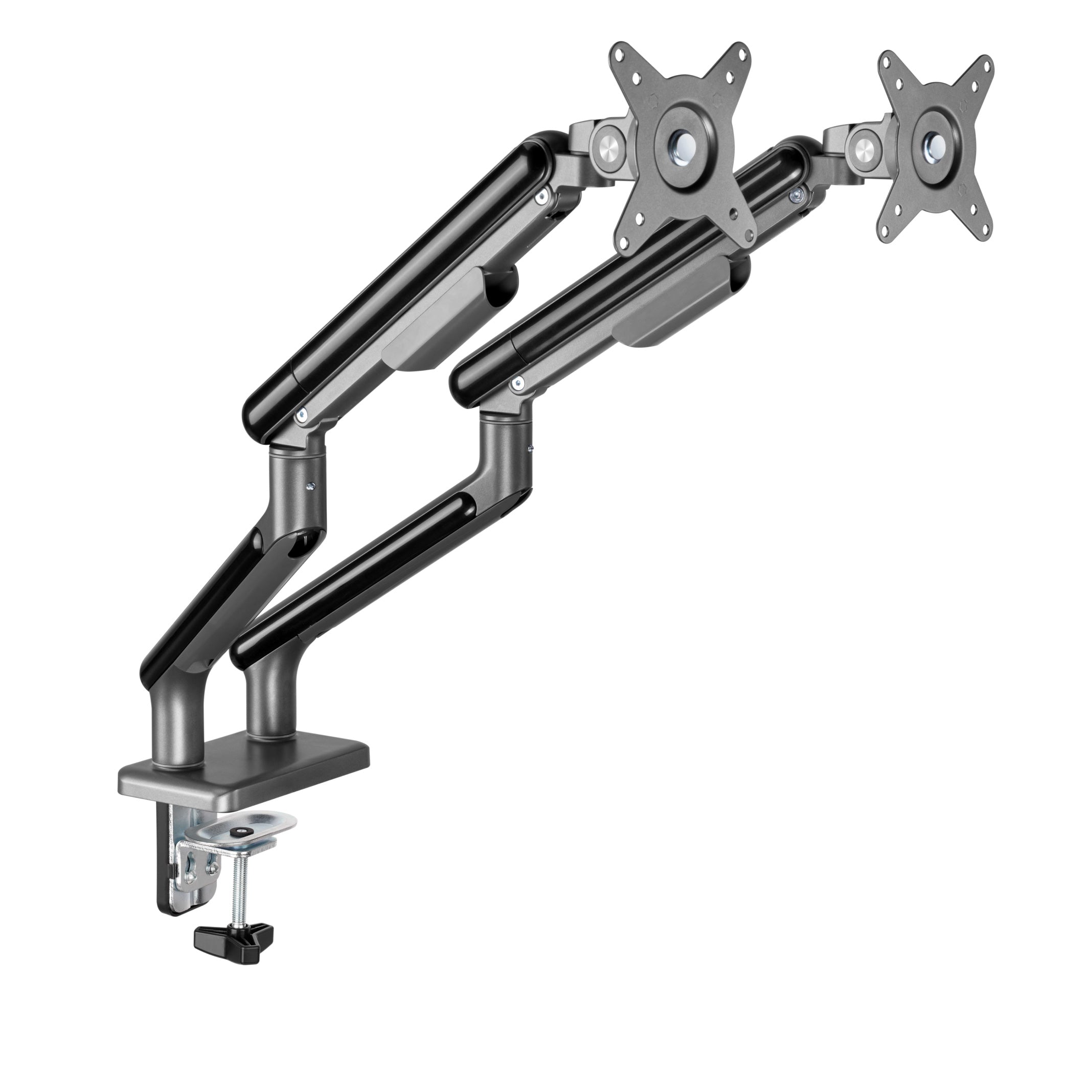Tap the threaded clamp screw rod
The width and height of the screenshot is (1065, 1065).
point(238,893)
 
